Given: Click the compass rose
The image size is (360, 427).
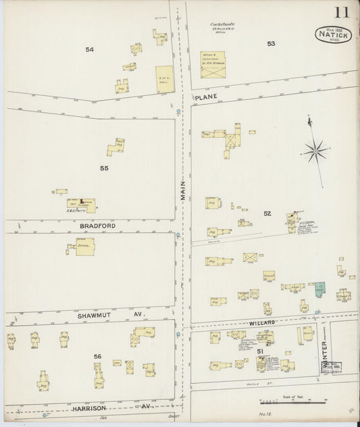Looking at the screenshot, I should [315, 150].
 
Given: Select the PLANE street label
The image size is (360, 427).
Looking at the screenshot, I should [205, 99].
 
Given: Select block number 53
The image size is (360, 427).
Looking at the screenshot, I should [271, 44].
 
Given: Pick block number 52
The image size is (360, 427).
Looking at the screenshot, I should [267, 214].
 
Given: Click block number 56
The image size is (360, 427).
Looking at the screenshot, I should [98, 357].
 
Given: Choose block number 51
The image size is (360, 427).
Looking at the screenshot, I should [259, 351].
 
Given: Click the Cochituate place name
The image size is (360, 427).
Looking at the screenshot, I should [217, 24].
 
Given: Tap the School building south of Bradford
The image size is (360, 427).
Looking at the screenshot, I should [84, 247].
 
